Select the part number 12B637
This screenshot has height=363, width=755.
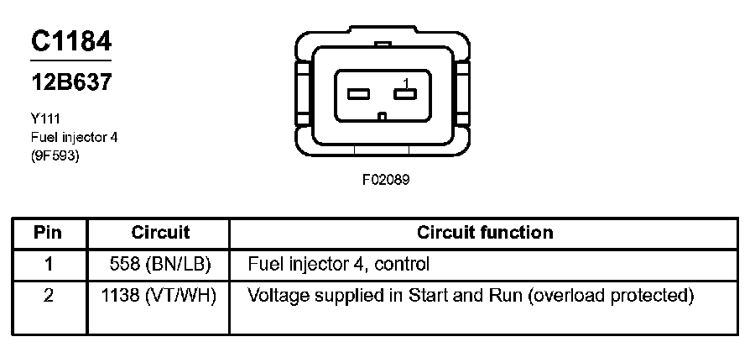tap(71, 82)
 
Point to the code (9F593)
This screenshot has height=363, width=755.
tap(55, 155)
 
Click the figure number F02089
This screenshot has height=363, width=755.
tap(386, 179)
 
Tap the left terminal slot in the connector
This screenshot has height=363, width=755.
tap(360, 93)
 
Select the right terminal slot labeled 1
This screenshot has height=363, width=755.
tap(406, 93)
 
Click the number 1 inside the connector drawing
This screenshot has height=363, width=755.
tap(406, 82)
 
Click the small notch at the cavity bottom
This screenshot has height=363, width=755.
tap(383, 115)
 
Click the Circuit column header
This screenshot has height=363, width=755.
tap(160, 233)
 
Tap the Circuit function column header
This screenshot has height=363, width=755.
tap(485, 233)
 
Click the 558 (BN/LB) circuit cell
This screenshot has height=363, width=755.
tap(160, 265)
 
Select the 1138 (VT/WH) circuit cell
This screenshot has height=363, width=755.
tap(160, 296)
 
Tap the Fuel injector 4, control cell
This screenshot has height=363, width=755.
tap(339, 265)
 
